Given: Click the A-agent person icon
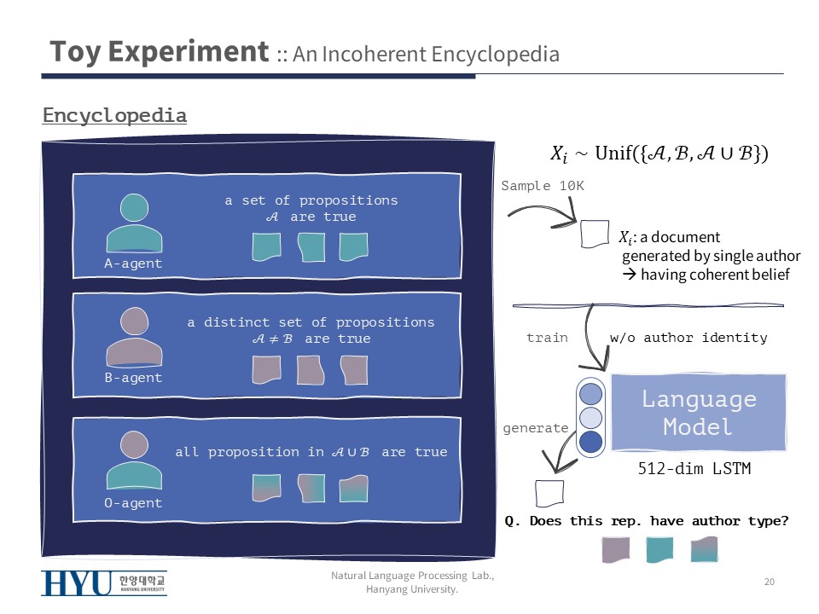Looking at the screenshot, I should [133, 224].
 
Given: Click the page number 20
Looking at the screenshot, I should [769, 582].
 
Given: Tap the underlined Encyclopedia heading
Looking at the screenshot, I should [114, 115].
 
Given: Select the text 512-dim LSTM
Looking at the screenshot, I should [694, 468].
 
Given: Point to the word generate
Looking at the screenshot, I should [536, 428].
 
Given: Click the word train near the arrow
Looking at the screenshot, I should [547, 338].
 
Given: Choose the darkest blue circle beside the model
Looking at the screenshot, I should [590, 442].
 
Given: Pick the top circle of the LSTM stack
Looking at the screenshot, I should [590, 393].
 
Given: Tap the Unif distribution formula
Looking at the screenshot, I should [659, 153].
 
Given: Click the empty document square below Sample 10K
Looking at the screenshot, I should [594, 234].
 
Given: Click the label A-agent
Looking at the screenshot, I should [133, 264].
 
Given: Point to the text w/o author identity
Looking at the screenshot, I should [688, 338].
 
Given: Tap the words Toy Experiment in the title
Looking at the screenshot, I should [159, 52].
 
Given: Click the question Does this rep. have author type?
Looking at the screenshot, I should [646, 520].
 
